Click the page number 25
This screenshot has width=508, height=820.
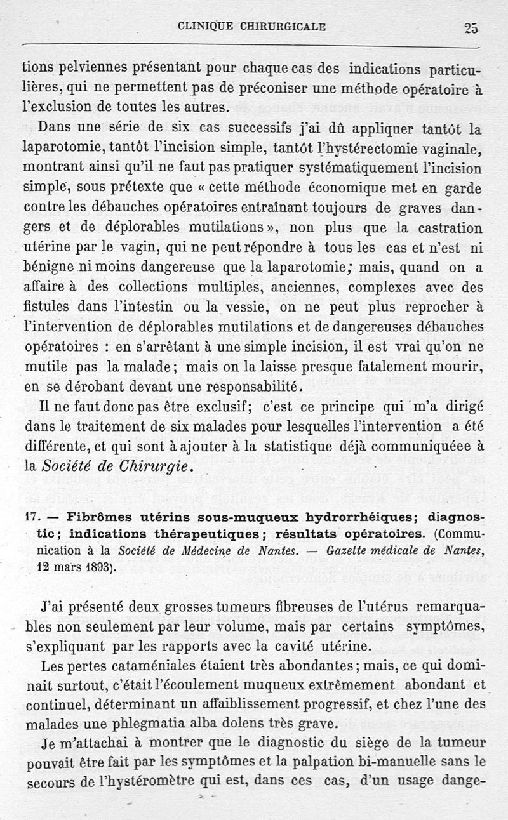coord(471,27)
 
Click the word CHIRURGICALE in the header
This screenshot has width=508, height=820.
coord(283,27)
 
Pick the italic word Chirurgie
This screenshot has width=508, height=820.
coord(150,466)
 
